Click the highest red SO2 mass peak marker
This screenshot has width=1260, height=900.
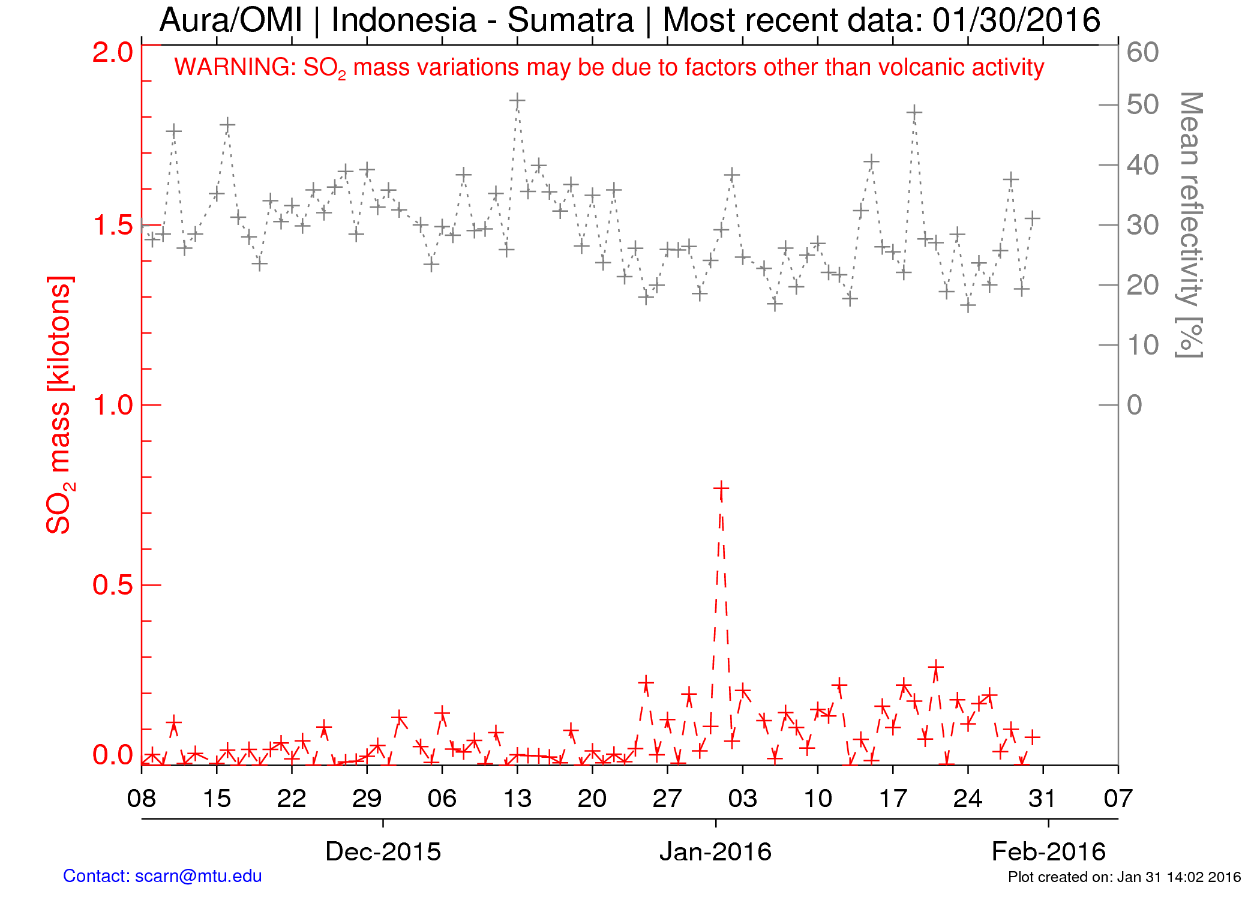(x=721, y=490)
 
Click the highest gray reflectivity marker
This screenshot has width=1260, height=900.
(x=517, y=100)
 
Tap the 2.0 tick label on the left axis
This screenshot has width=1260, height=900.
(x=112, y=53)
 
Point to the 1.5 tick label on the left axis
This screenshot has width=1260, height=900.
(x=112, y=226)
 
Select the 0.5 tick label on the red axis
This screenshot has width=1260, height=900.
(x=112, y=585)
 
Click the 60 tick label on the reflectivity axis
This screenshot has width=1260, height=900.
(x=1142, y=53)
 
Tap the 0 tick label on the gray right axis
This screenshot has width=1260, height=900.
(x=1135, y=406)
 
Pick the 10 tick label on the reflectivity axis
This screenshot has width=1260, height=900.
(x=1142, y=346)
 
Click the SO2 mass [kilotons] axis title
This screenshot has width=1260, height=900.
(x=59, y=405)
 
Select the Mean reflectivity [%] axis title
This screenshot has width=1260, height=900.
(x=1190, y=225)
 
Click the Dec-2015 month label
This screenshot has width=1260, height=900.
(x=383, y=851)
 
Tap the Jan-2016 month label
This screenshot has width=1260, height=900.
(x=715, y=851)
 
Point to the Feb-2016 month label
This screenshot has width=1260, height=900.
(x=1048, y=851)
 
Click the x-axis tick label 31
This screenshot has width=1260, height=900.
(x=1043, y=799)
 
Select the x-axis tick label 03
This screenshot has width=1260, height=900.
(x=743, y=799)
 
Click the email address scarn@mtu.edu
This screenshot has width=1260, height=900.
(x=198, y=876)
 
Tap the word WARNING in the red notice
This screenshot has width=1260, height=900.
(x=235, y=67)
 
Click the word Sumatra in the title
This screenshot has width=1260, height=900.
(x=571, y=20)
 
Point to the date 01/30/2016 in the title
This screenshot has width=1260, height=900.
(x=1016, y=20)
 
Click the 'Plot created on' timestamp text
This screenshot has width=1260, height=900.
(x=1124, y=877)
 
